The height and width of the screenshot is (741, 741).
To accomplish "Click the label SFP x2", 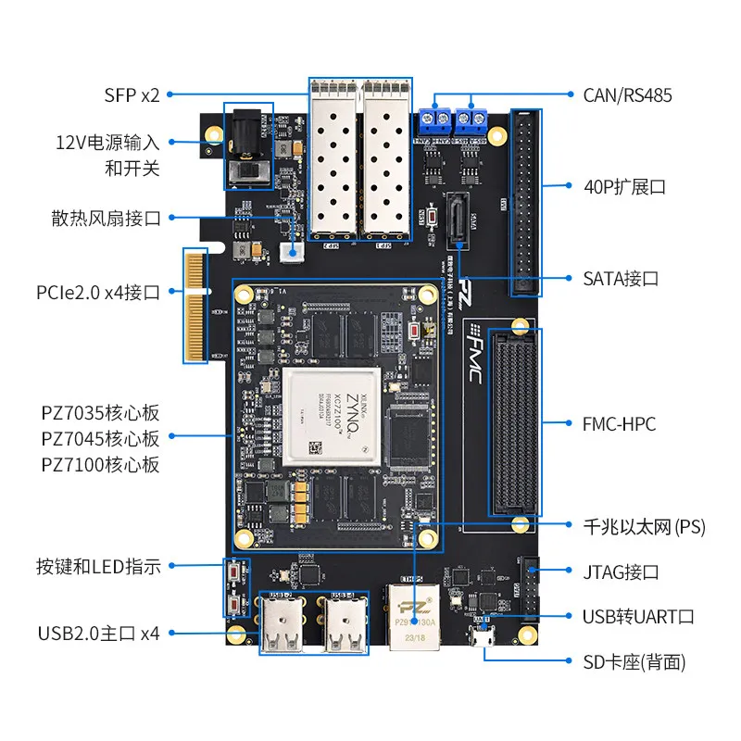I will click(132, 94).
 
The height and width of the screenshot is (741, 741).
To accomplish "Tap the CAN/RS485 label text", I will click(627, 94).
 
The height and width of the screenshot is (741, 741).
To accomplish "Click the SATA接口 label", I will click(621, 278).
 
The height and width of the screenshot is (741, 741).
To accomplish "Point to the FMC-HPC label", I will click(620, 424).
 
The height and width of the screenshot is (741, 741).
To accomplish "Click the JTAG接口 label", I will click(621, 572).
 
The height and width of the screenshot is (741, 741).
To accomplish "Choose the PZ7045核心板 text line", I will click(100, 438).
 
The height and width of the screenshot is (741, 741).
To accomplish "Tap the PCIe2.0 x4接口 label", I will click(98, 293).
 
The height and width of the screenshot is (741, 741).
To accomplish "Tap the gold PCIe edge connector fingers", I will click(195, 306).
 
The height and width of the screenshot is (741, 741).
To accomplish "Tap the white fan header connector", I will click(293, 252).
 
